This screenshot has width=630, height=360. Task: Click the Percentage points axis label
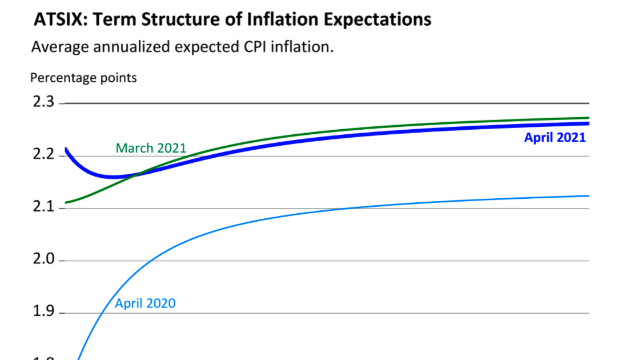[83, 78]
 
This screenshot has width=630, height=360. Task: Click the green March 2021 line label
[151, 149]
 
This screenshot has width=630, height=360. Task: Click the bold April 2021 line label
[555, 138]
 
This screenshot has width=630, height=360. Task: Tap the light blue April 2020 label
[145, 303]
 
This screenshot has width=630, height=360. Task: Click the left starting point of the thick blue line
[66, 149]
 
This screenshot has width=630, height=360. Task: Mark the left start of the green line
[66, 202]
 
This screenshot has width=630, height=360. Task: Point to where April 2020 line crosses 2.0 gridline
[150, 261]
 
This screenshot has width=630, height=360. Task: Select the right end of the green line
[588, 118]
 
